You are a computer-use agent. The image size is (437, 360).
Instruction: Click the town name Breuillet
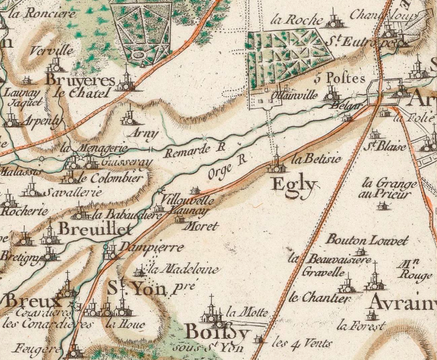tap(95, 229)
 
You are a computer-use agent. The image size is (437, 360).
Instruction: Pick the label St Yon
tap(136, 288)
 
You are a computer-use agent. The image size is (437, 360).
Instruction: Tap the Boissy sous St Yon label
tap(217, 339)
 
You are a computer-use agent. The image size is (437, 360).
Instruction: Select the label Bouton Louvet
tap(367, 240)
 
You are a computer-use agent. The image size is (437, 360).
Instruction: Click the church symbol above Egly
tap(276, 160)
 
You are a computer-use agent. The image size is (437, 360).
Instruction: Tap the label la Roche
tap(296, 20)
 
